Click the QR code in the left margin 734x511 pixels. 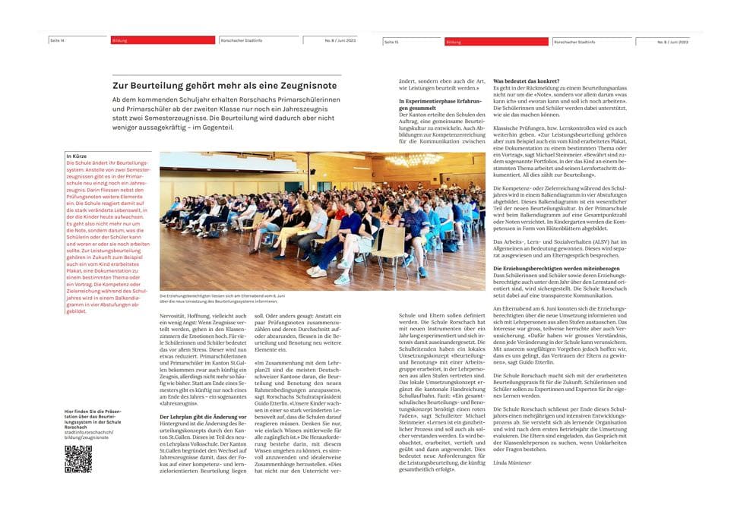pos(78,459)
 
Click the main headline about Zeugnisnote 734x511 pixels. pos(225,86)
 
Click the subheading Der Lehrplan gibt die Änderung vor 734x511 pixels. pos(203,416)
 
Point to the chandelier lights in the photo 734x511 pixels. pos(413,160)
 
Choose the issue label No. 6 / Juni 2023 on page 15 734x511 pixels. pos(672,42)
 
